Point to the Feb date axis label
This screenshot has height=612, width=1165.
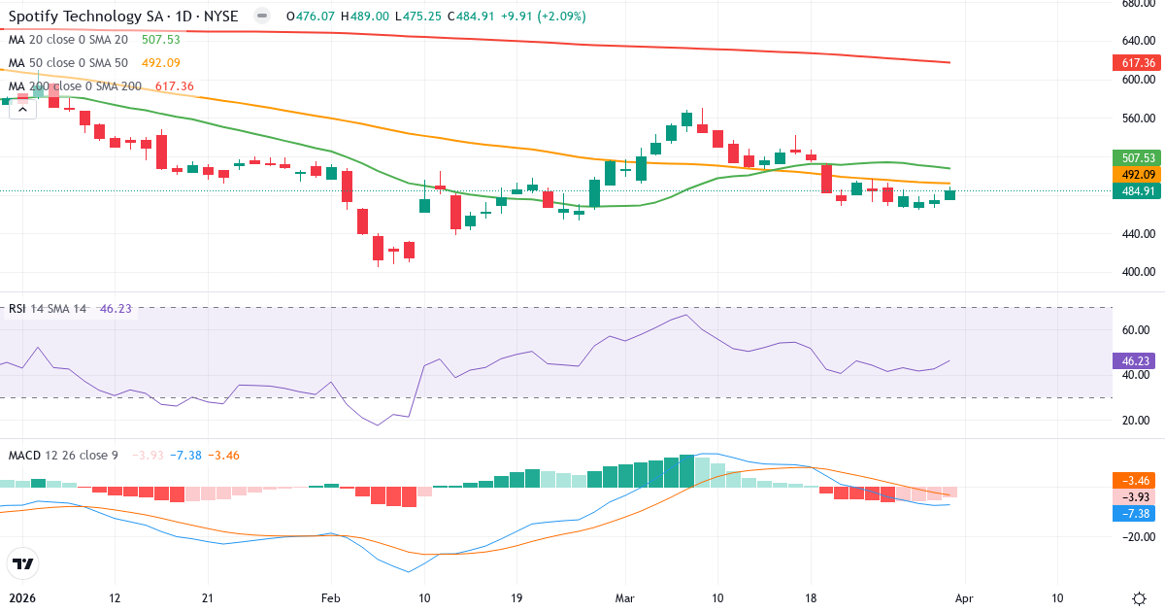click(x=331, y=598)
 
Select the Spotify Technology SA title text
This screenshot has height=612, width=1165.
click(x=87, y=16)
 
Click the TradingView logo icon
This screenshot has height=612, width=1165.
click(x=22, y=563)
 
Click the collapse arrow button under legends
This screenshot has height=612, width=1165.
click(x=22, y=110)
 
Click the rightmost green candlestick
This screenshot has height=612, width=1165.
click(x=949, y=194)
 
